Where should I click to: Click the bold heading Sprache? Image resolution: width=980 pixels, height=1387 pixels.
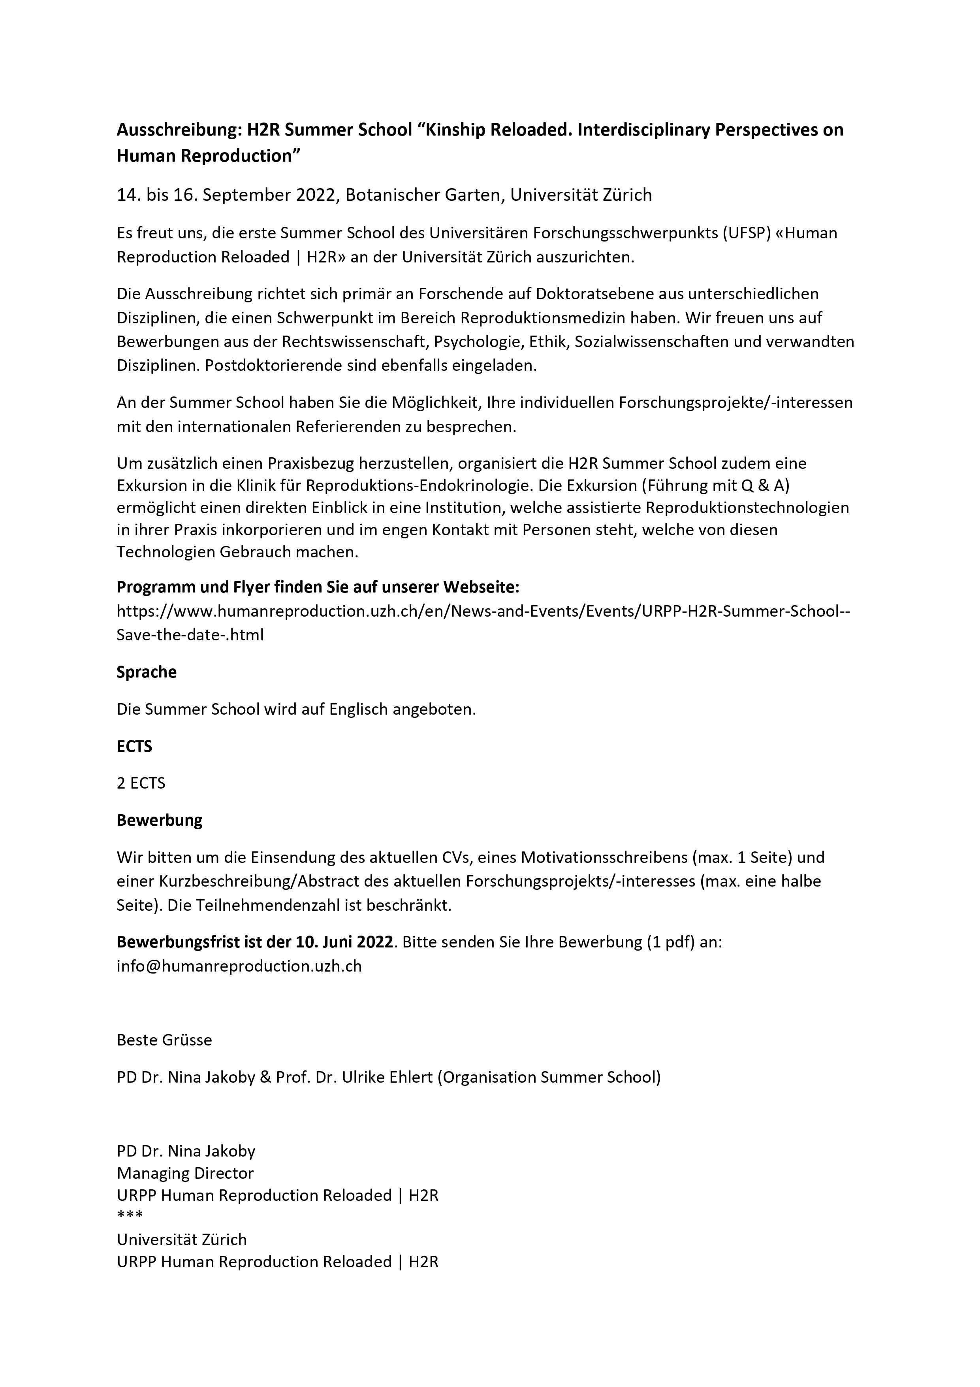(146, 672)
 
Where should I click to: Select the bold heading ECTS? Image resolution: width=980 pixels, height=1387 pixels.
(134, 747)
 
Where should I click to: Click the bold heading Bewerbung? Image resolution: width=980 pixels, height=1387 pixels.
(160, 820)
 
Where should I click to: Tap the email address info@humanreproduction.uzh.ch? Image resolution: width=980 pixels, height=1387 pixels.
(239, 966)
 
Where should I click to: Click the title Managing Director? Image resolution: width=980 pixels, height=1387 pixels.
(185, 1173)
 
